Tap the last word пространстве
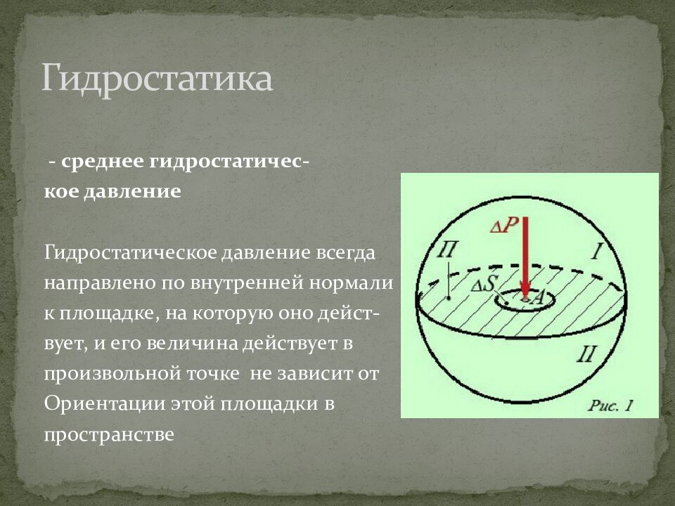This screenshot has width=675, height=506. [108, 435]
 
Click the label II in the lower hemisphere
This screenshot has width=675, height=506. [586, 353]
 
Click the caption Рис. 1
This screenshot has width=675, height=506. [611, 405]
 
